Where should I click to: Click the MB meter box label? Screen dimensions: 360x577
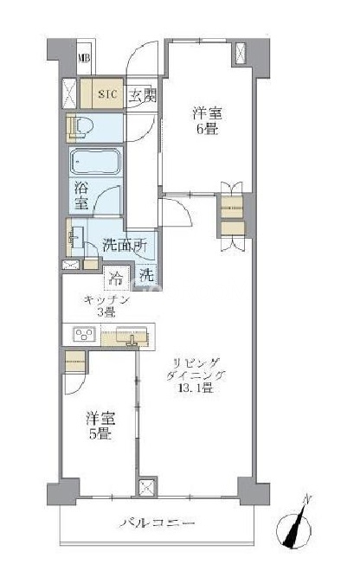click(85, 58)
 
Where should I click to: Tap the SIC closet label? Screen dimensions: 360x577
click(107, 94)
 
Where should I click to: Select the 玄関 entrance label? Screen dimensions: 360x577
click(142, 95)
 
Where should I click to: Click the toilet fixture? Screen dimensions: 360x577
click(80, 127)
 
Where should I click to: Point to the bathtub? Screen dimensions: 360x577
click(96, 162)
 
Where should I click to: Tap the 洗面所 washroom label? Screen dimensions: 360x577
click(125, 245)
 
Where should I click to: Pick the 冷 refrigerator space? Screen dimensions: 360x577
click(117, 277)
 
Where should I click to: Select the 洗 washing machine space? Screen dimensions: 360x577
click(146, 274)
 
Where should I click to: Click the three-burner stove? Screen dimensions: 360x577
click(84, 334)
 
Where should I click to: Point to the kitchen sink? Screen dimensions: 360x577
click(132, 335)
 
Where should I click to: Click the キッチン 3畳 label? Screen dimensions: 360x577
click(106, 305)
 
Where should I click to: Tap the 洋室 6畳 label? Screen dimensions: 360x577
click(207, 120)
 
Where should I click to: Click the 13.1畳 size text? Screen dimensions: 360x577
click(196, 388)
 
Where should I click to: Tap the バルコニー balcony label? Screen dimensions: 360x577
click(157, 523)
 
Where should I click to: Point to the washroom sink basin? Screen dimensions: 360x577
click(77, 237)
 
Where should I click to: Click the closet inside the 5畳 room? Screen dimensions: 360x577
click(75, 362)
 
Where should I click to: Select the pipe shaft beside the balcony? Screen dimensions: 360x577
click(148, 488)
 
